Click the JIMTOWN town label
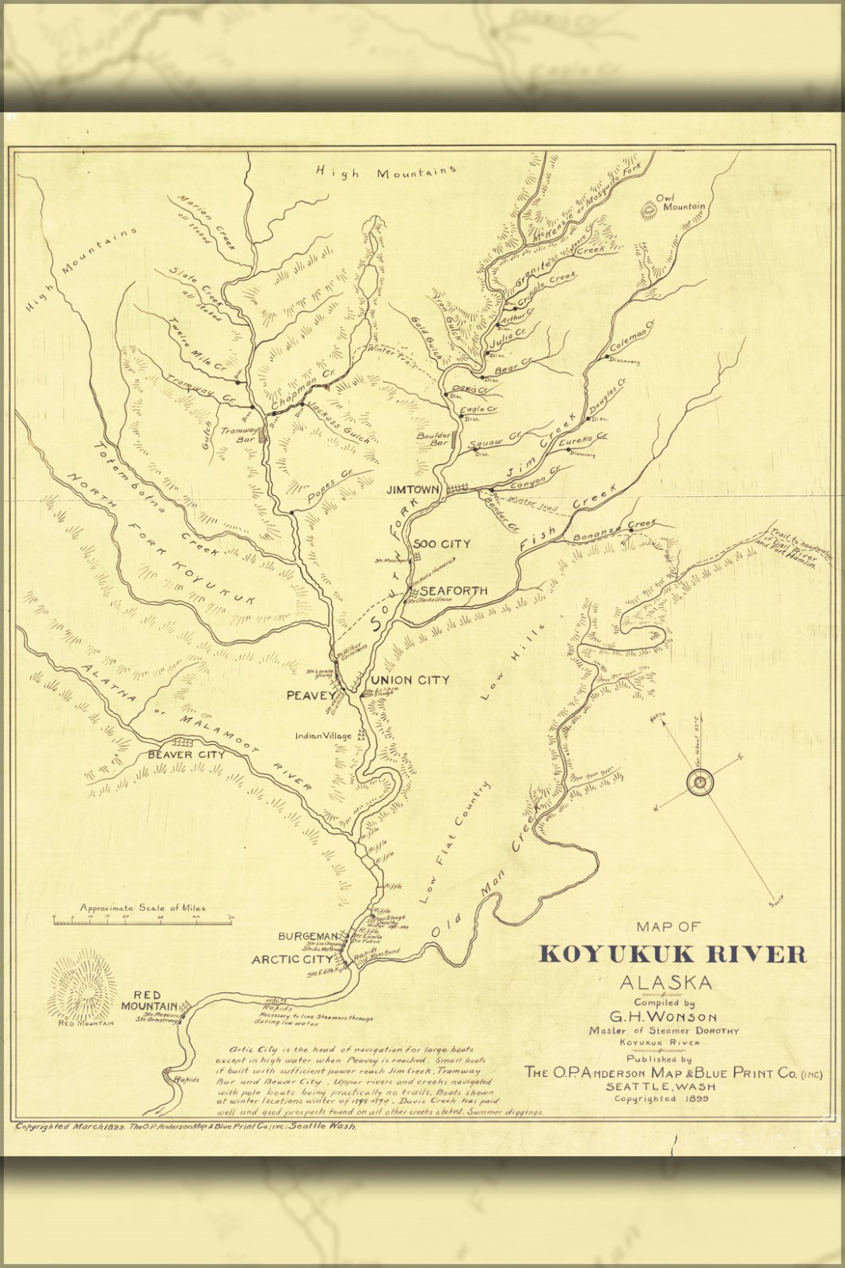coord(412,491)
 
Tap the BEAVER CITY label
coord(186,754)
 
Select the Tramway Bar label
coord(235,435)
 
